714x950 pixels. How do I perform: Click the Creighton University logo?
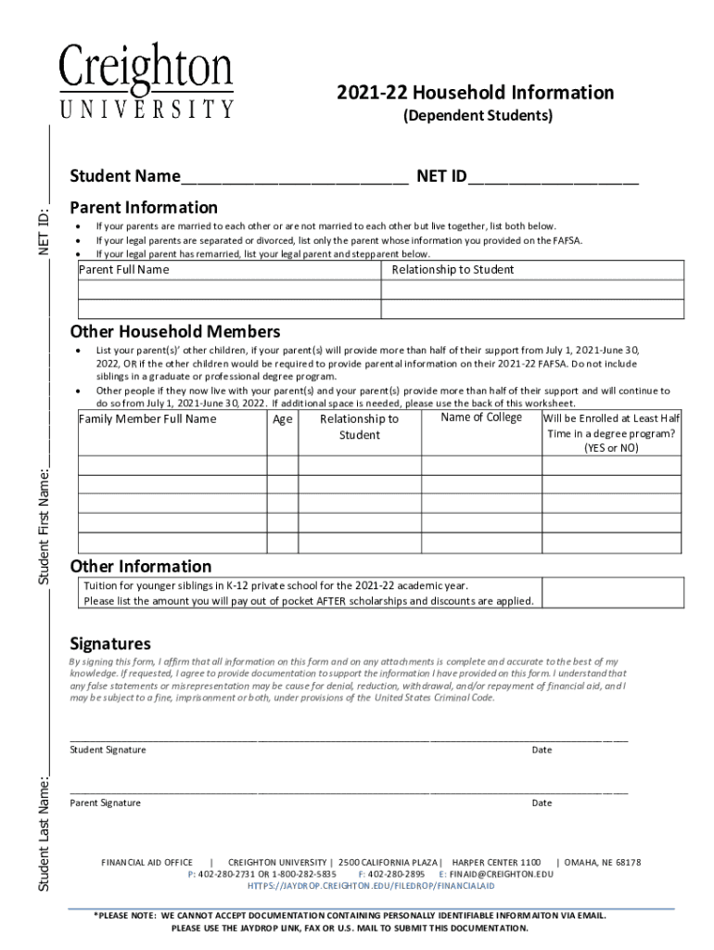point(147,82)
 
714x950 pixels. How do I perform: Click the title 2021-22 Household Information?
point(475,93)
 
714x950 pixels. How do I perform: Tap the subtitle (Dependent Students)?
point(476,116)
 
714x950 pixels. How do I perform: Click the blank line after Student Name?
point(294,178)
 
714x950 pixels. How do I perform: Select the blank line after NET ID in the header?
point(553,178)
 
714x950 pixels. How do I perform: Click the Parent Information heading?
point(144,207)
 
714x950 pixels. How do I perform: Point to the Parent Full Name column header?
point(124,270)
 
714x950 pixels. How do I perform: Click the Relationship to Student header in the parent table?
point(453,270)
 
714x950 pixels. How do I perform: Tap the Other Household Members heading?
point(175,331)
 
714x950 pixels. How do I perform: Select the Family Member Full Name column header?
point(147,419)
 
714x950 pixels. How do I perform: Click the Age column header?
point(283,419)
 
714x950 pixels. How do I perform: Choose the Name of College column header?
point(480,417)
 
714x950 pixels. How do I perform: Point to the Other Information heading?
point(141,566)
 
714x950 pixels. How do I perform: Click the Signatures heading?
point(110,644)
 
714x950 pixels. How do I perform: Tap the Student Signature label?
point(108,750)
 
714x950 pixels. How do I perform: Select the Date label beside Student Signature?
point(542,750)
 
